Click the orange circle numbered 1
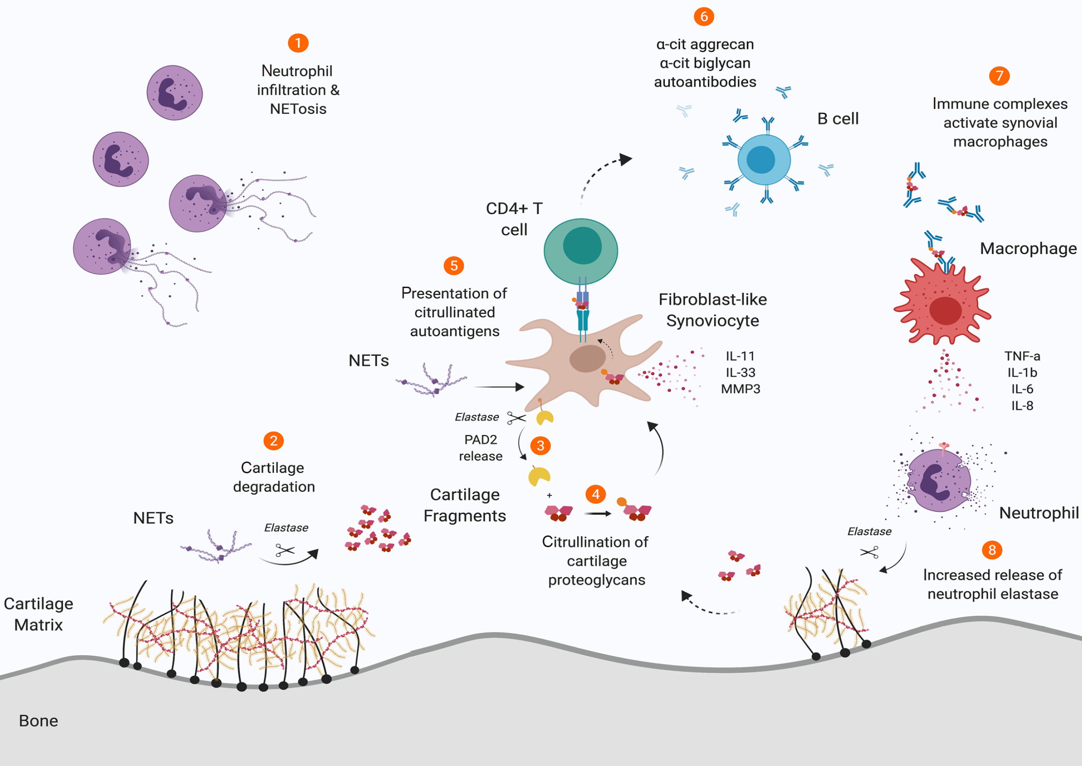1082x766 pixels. click(x=298, y=43)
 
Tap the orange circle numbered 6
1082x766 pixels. click(x=704, y=16)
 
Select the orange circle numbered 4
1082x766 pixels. click(x=596, y=494)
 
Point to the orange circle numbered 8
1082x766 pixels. click(x=992, y=550)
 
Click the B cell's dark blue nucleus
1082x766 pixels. click(x=761, y=160)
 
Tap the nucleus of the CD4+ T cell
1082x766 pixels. click(x=583, y=246)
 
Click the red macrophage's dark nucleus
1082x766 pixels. click(x=945, y=311)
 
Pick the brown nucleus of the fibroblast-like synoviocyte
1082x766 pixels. click(x=587, y=359)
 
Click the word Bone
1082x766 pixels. click(x=39, y=721)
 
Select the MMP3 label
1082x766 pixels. click(x=741, y=389)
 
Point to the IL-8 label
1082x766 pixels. click(x=1022, y=405)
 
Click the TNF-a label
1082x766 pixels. click(x=1022, y=356)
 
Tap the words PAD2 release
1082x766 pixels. click(x=481, y=448)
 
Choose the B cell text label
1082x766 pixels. click(x=837, y=119)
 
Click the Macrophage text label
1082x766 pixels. click(x=1028, y=249)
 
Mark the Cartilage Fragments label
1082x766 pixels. click(x=465, y=505)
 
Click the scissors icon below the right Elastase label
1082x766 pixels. click(x=869, y=552)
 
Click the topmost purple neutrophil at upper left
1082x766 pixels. click(x=174, y=93)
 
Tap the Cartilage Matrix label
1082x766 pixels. click(x=39, y=614)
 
